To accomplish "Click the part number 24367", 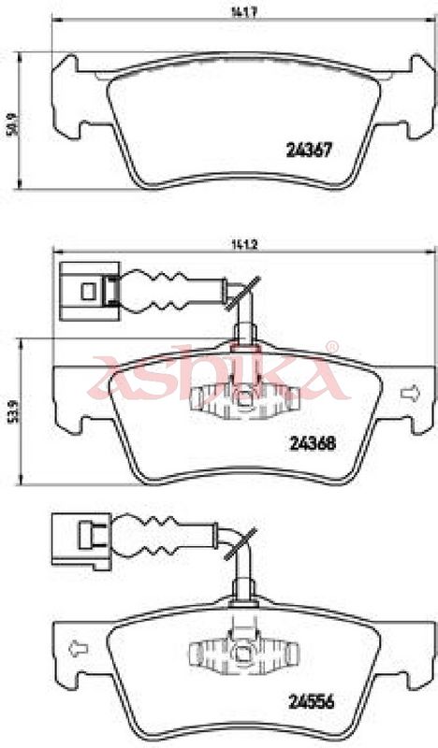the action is pos(309,151).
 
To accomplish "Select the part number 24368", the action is pos(313,443).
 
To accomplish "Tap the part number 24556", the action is pos(312,701).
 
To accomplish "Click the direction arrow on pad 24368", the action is pos(410,393).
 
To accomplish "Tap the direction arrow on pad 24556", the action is pos(79,649).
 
